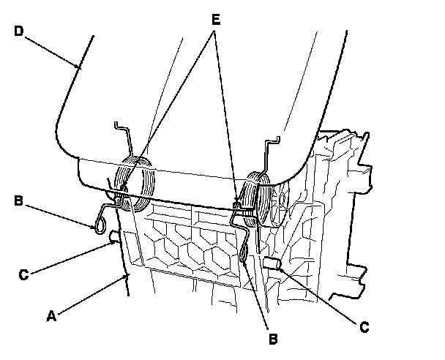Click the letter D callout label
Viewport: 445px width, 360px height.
[18, 32]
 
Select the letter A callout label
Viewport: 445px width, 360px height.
[51, 316]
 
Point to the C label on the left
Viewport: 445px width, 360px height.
[23, 274]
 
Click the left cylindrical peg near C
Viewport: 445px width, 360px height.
[114, 237]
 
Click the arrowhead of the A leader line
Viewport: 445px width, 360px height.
[127, 277]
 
